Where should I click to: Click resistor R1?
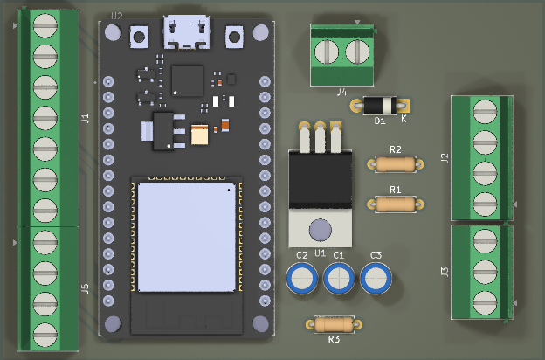point(395,204)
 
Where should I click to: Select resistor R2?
point(395,163)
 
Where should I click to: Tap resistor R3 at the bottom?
point(334,324)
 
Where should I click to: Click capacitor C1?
point(339,279)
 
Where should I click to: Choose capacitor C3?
point(376,279)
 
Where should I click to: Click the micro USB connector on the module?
point(186,33)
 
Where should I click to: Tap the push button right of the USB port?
point(234,37)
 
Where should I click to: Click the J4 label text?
point(341,91)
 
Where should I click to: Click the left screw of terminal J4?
point(328,52)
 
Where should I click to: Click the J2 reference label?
point(445,158)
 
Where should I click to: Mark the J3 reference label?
point(445,272)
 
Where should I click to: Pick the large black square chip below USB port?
point(187,80)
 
